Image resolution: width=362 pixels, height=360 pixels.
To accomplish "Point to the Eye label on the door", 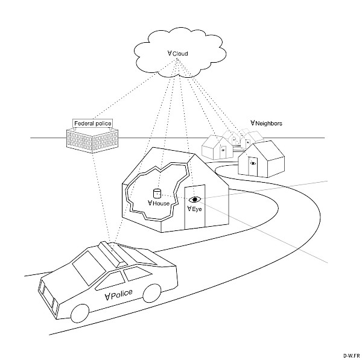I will click(194, 209).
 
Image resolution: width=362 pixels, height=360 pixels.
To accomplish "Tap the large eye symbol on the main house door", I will click(194, 199).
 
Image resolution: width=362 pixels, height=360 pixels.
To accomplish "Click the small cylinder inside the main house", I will click(157, 194).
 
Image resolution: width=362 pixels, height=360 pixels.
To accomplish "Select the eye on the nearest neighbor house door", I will click(253, 163).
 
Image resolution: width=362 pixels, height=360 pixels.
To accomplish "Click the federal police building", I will click(91, 139).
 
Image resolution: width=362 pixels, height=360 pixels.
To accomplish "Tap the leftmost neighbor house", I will click(215, 147).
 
